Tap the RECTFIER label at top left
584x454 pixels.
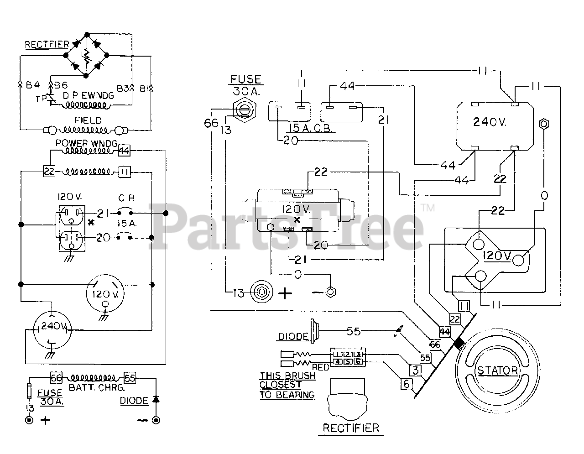pyautogui.click(x=47, y=44)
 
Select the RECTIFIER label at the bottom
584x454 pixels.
pyautogui.click(x=350, y=428)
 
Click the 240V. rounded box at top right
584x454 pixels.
pyautogui.click(x=495, y=125)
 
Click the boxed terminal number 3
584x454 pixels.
pyautogui.click(x=415, y=370)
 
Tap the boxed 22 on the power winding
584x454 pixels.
pyautogui.click(x=49, y=172)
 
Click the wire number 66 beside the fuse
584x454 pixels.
pyautogui.click(x=211, y=124)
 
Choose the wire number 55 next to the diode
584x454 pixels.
pyautogui.click(x=353, y=331)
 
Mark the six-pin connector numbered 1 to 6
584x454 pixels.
pyautogui.click(x=348, y=358)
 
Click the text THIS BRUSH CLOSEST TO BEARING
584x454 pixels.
pyautogui.click(x=287, y=386)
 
